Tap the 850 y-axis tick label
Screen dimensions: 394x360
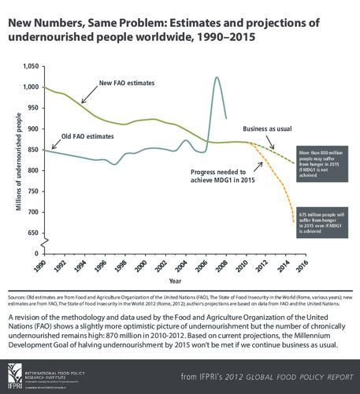coord(30,150)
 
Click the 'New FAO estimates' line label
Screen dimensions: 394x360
coord(126,83)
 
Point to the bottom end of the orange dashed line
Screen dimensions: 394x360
coord(294,224)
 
